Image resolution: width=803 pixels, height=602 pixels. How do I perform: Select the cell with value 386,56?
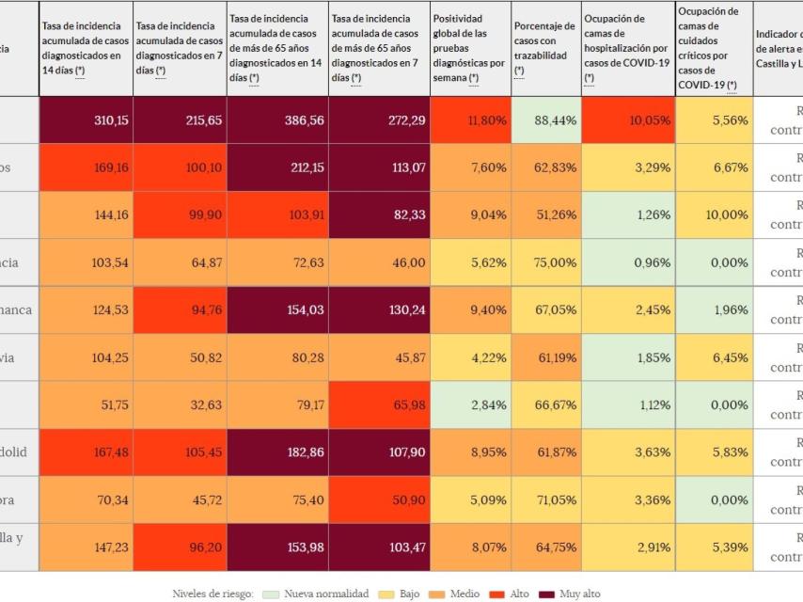coord(277,120)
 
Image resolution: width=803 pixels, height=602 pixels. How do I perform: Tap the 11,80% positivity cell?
coord(470,120)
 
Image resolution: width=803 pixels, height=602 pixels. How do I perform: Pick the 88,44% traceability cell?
coord(545,120)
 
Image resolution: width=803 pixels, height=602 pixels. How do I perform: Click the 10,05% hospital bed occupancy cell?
coord(627,120)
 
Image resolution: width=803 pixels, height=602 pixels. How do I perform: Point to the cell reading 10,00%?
coord(713,214)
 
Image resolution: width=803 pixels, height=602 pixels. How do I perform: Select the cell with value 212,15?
coord(277,167)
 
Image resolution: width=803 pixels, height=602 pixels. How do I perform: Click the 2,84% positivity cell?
coord(470,404)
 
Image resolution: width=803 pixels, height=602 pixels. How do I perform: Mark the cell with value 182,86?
coord(277,451)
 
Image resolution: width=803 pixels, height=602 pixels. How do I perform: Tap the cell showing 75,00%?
coord(545,262)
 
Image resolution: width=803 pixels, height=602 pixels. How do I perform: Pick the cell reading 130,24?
coord(379,309)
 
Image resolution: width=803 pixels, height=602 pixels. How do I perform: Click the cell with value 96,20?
coord(180,547)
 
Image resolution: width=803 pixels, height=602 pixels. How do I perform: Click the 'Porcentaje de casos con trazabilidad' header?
coord(545,48)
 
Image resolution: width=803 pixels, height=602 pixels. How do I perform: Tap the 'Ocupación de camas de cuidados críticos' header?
coord(713,48)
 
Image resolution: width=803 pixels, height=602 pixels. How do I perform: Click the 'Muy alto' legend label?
coord(579,594)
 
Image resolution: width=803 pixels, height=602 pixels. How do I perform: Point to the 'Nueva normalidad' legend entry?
coord(325,594)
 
